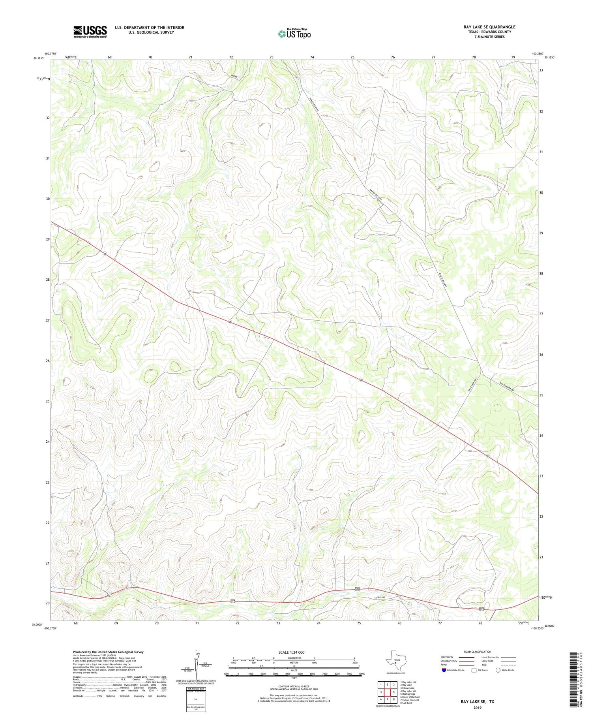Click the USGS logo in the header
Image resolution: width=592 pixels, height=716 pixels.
click(x=90, y=32)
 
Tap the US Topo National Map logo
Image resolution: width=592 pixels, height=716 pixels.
click(x=294, y=34)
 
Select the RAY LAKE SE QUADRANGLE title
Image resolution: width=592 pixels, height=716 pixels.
click(x=489, y=27)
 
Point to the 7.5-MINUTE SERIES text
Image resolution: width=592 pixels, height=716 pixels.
click(x=489, y=37)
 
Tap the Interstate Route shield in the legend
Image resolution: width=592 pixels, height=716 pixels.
click(x=444, y=670)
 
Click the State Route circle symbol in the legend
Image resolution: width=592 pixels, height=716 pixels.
click(x=498, y=670)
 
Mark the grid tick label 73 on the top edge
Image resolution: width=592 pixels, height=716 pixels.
click(x=272, y=57)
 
